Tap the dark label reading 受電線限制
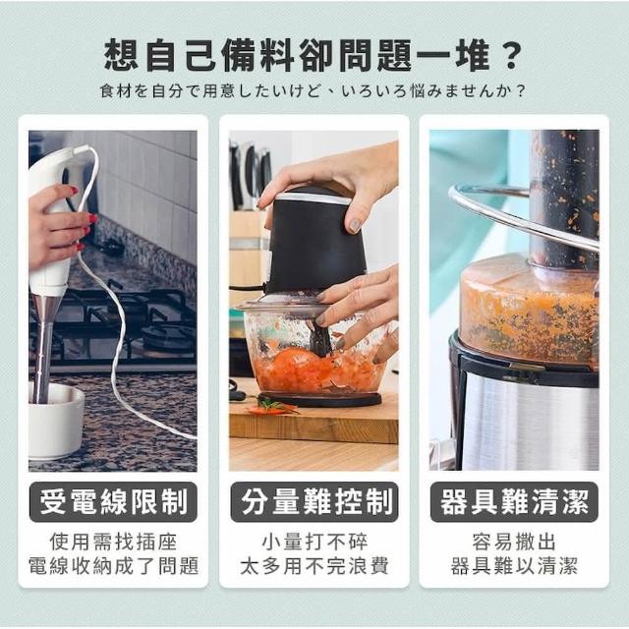(113, 502)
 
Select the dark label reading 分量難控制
(314, 502)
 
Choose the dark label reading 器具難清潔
(514, 502)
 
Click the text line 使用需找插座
(113, 542)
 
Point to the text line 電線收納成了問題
(113, 566)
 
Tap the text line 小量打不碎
(314, 542)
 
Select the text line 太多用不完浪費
(314, 566)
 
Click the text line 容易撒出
(514, 542)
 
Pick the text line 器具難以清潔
(514, 566)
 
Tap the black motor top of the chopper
(315, 241)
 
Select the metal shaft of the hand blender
(42, 349)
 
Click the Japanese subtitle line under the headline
(313, 91)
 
